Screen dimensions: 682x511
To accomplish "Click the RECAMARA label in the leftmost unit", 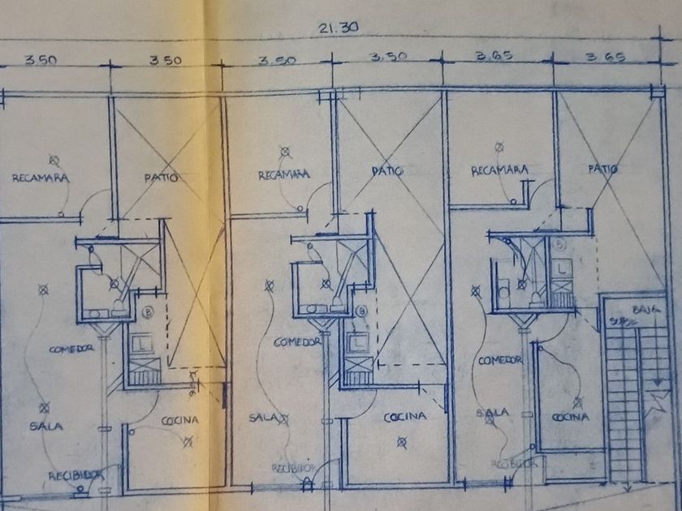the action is pos(40,177).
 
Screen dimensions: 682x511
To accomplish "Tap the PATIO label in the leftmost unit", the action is pos(161,176).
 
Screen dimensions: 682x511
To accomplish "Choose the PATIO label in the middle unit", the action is pos(387,172).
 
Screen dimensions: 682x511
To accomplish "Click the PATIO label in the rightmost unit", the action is pos(603,169).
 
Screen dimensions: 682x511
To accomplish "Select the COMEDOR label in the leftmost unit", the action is pos(71,348).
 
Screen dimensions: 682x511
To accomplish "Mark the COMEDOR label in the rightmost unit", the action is pos(499,360).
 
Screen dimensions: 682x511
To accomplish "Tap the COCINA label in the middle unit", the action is pos(405,417).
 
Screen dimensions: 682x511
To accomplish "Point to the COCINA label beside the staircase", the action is pos(571,417).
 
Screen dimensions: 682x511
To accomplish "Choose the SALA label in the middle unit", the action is pos(265,418).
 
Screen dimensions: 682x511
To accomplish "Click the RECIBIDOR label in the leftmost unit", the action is pos(75,475).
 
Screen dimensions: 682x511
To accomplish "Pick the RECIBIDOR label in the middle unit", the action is pos(292,468).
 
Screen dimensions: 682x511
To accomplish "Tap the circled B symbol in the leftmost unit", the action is pos(149,311).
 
